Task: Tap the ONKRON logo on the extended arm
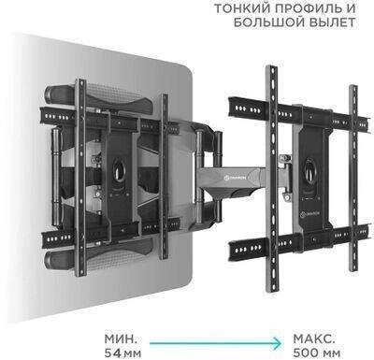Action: (235, 178)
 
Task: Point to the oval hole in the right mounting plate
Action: (310, 169)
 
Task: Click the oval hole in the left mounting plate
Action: (119, 170)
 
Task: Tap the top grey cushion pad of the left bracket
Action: (101, 95)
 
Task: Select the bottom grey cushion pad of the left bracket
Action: (100, 255)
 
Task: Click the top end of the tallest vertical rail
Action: (271, 67)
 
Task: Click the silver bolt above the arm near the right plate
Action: (284, 158)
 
